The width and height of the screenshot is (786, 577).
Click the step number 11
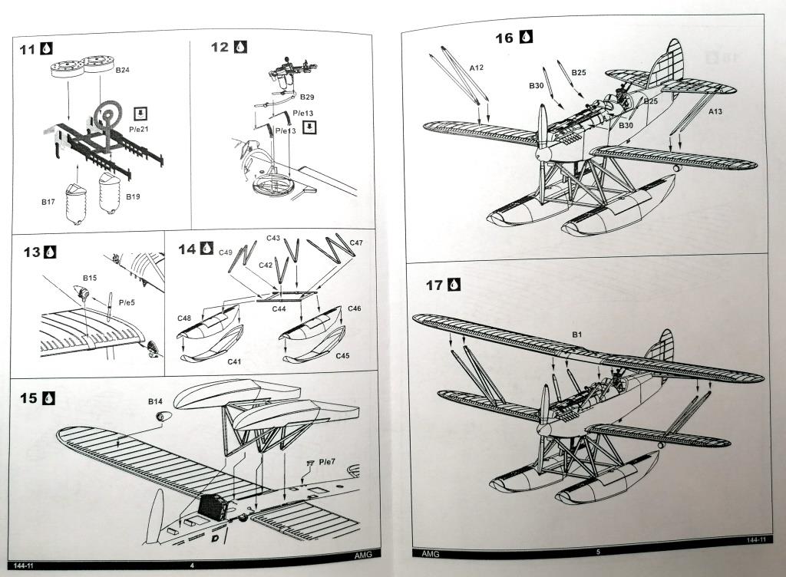[28, 50]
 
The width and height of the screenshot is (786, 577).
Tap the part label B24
[123, 70]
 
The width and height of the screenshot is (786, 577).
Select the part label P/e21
[140, 129]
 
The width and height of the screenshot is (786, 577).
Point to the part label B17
[48, 203]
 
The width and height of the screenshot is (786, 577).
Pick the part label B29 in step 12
[307, 97]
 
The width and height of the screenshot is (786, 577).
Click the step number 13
[32, 252]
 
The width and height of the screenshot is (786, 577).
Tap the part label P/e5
[127, 303]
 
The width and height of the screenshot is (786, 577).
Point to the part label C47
[356, 243]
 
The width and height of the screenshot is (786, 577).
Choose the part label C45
[344, 356]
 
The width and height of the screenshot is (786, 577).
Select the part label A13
[715, 112]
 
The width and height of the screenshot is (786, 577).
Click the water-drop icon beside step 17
[455, 285]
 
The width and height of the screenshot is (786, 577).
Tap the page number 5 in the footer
[597, 552]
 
